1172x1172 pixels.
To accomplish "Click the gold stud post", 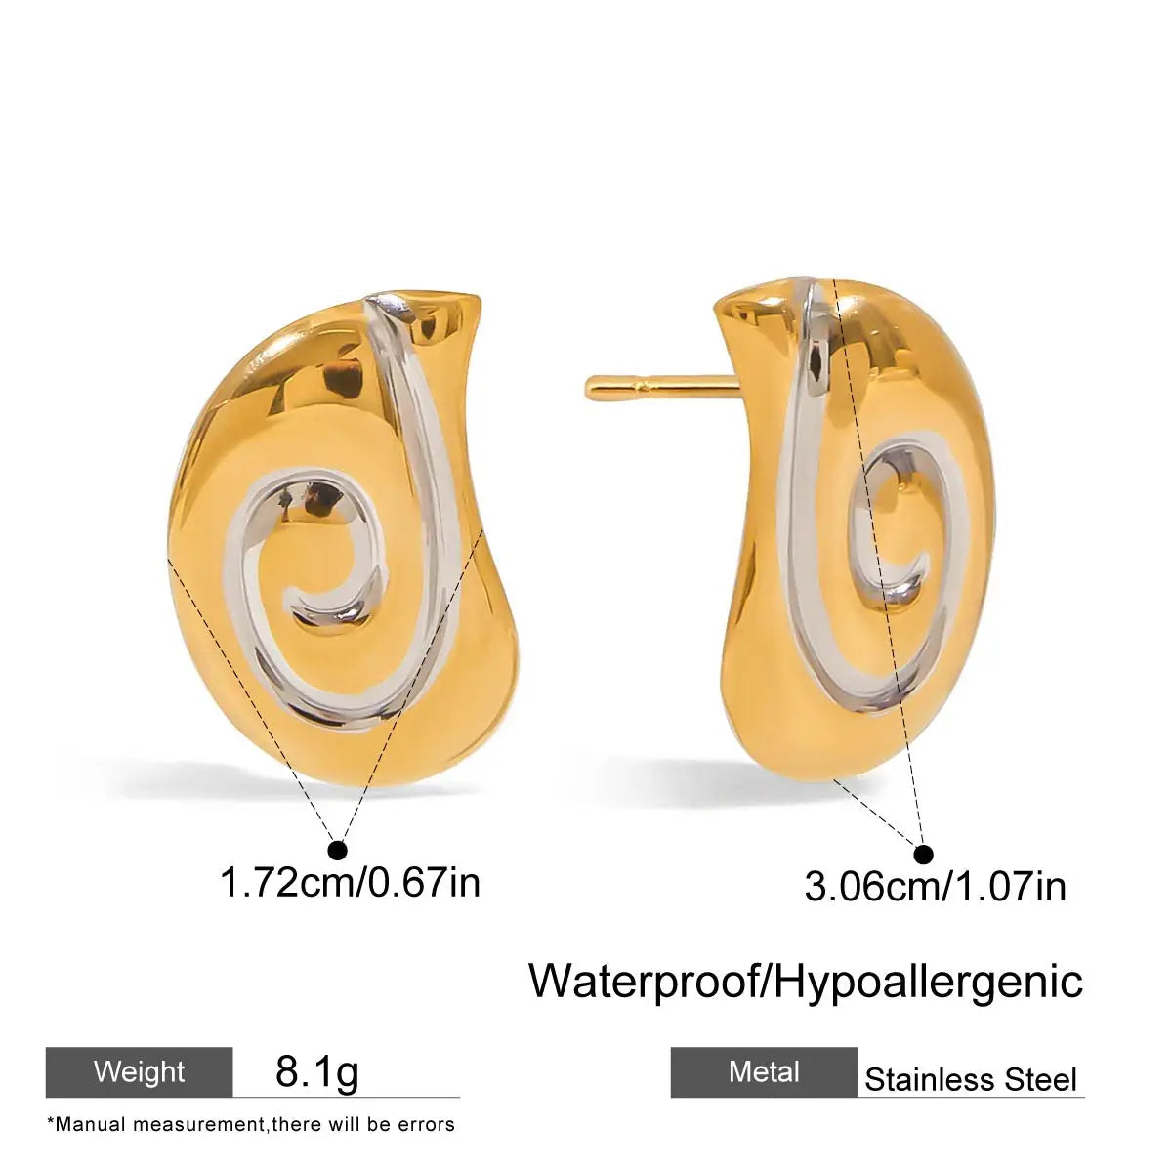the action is click(x=663, y=386).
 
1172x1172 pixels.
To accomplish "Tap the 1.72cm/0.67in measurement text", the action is click(x=351, y=883).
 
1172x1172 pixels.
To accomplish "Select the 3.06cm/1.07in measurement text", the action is click(x=936, y=887).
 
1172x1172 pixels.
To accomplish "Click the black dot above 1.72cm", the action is click(x=337, y=850).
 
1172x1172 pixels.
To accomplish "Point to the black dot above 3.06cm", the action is click(x=924, y=855).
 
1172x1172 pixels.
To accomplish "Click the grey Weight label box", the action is click(x=140, y=1071).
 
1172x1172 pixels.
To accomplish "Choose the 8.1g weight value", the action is click(x=316, y=1072).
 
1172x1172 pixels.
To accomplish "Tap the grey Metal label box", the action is click(x=764, y=1071).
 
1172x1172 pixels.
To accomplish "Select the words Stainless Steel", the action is click(x=971, y=1080).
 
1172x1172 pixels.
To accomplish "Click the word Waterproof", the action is click(x=645, y=981).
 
